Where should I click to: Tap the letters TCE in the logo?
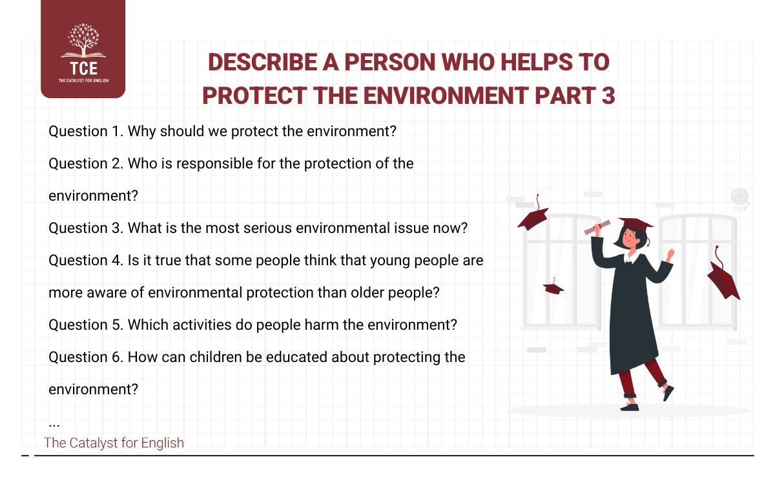click(83, 70)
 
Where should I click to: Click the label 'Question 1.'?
click(86, 131)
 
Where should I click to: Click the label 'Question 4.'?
click(86, 260)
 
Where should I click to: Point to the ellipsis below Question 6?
click(54, 424)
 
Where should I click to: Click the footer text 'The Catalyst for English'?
click(114, 443)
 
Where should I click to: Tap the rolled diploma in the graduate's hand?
click(597, 227)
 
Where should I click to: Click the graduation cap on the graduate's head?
click(635, 224)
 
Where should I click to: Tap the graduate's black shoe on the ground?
click(629, 407)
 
